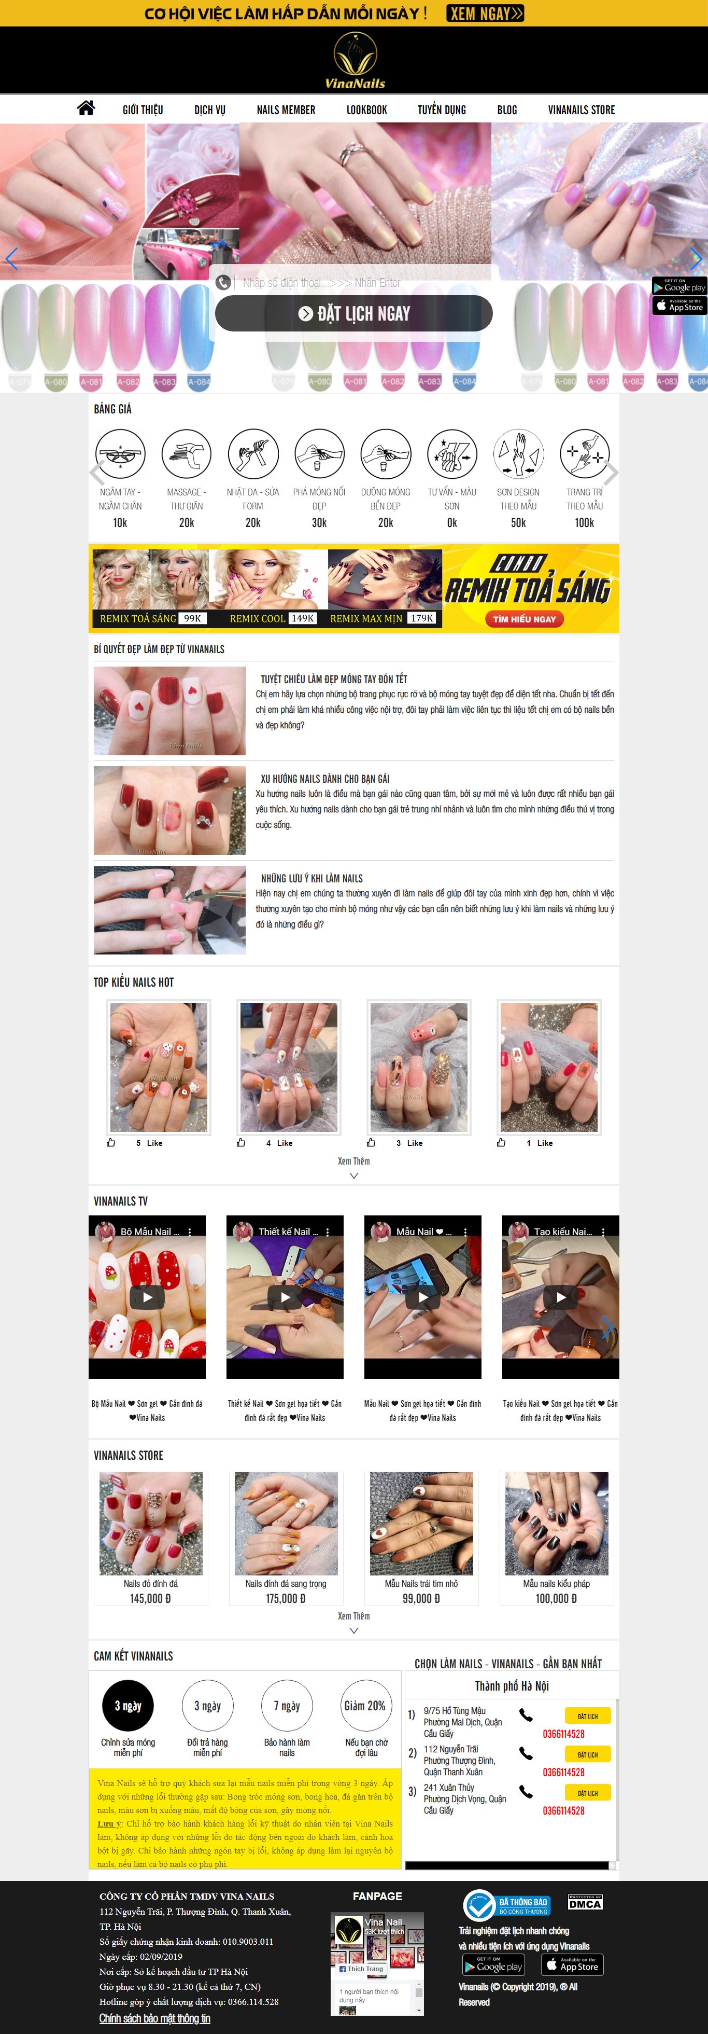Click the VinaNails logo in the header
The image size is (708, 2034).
(x=355, y=61)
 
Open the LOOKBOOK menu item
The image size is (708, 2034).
(x=366, y=110)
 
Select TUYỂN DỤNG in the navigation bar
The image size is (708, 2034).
(x=441, y=110)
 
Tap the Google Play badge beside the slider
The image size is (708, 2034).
(x=679, y=286)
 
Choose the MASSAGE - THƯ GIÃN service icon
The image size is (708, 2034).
(x=186, y=453)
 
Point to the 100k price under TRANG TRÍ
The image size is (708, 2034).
(x=584, y=523)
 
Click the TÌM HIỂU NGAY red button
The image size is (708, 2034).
(x=524, y=619)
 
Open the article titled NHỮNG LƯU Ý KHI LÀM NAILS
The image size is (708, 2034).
(x=312, y=878)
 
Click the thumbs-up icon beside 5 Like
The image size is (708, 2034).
(x=111, y=1143)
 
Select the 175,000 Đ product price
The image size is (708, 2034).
(x=286, y=1598)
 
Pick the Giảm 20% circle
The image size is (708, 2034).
(x=365, y=1706)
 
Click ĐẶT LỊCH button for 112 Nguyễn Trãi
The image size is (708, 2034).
(x=587, y=1754)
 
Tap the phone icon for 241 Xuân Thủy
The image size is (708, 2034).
(x=526, y=1792)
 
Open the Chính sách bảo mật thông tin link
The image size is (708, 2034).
(x=154, y=2018)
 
